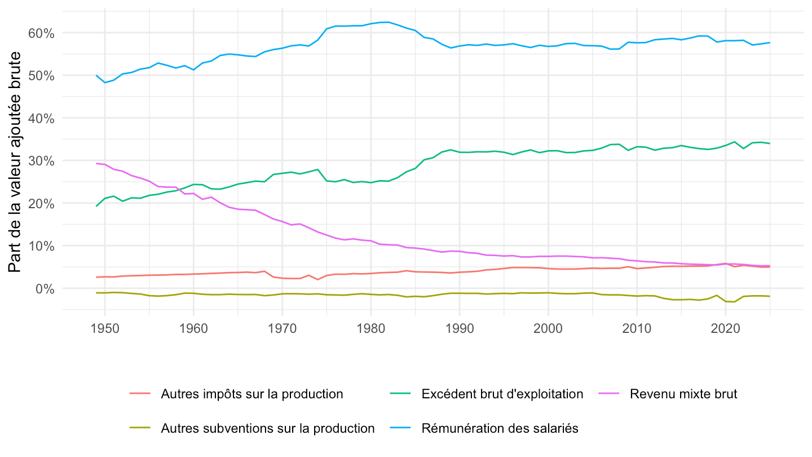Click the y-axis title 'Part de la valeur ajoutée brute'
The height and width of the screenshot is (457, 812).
pos(15,162)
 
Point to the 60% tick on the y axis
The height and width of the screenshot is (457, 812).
pos(41,33)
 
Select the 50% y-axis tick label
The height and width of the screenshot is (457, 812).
pos(41,76)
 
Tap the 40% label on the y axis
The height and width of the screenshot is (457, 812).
pos(41,118)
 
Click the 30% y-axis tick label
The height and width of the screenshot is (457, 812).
pos(41,161)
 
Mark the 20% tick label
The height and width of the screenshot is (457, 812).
pos(41,204)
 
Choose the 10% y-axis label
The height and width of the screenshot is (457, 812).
pos(41,246)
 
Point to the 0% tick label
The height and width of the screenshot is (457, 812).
pos(45,289)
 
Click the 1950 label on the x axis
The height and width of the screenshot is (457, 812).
pos(105,328)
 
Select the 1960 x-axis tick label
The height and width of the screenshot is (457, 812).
pos(193,328)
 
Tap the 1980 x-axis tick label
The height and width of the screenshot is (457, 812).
pos(371,328)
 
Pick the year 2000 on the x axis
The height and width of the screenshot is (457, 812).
pos(548,328)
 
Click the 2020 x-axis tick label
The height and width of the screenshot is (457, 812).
pos(725,328)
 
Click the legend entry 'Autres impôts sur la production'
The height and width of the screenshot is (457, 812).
pos(252,394)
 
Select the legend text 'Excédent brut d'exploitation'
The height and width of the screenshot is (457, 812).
pos(502,394)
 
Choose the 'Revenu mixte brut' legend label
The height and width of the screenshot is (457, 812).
pos(683,394)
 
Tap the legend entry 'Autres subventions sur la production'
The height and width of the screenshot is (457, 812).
pos(268,429)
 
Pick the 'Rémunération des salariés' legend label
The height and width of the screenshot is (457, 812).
pos(500,429)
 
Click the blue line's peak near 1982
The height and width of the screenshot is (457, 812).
pos(389,22)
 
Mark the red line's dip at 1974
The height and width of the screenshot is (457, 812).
pos(317,280)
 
